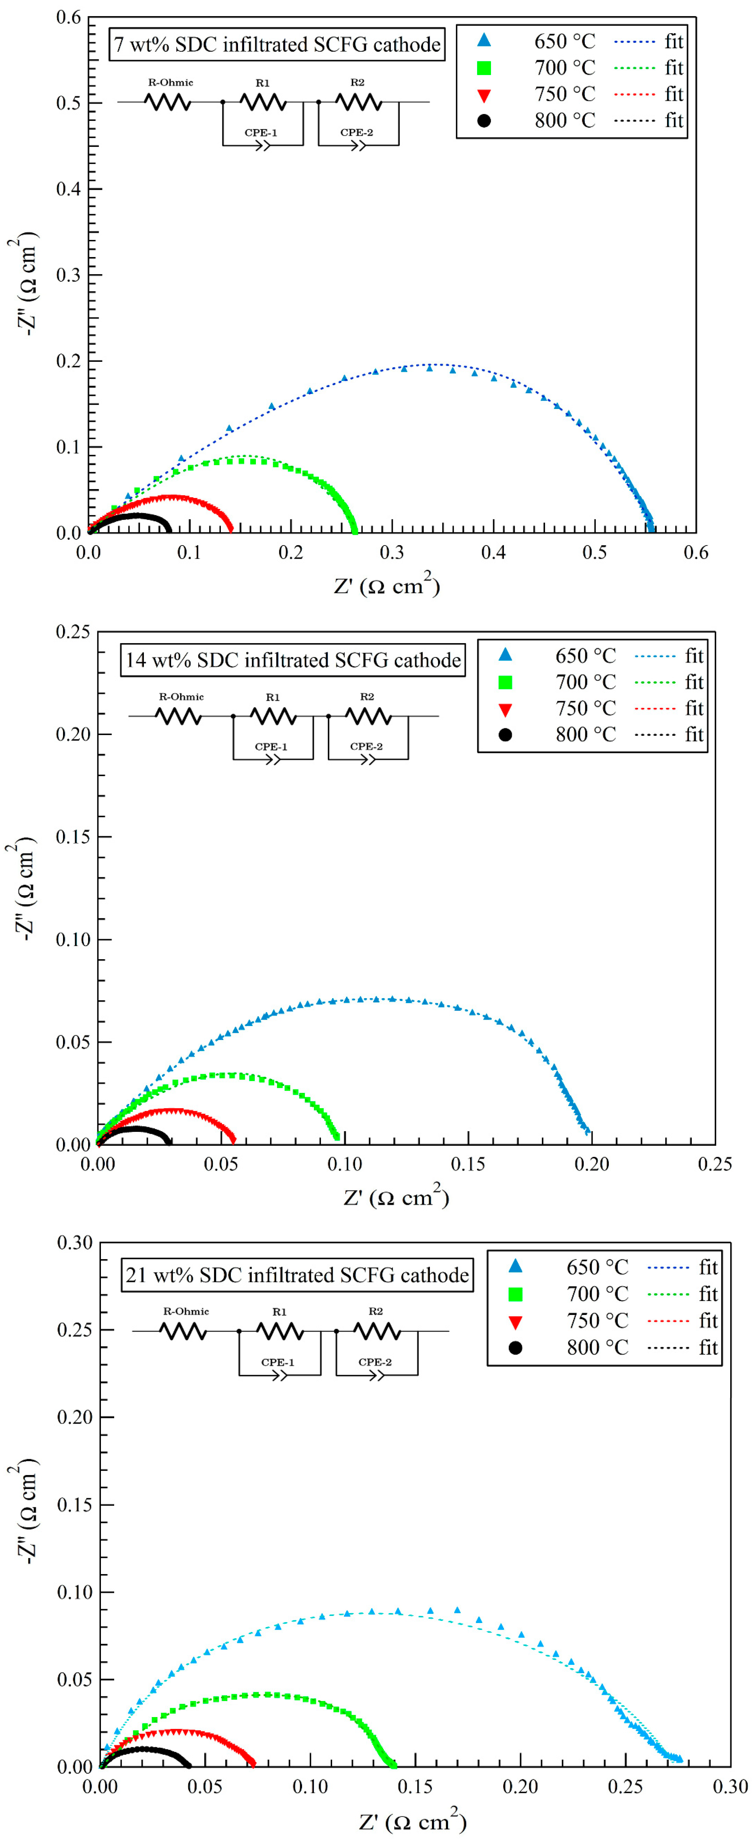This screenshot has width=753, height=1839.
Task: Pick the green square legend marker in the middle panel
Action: click(x=505, y=682)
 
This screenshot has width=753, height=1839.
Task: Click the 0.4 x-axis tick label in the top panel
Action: click(x=493, y=553)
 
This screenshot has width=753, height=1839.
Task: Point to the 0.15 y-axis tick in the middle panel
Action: click(x=74, y=837)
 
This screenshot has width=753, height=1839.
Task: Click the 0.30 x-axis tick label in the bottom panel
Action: click(x=730, y=1786)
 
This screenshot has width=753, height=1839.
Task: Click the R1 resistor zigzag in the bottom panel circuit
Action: click(x=280, y=1331)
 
